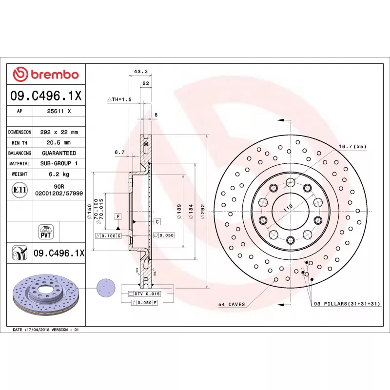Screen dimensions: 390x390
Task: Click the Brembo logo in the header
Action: point(46,75)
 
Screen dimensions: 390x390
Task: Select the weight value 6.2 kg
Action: point(59,174)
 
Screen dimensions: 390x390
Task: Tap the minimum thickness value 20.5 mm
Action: point(58,142)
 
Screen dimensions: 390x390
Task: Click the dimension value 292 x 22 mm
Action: point(59,132)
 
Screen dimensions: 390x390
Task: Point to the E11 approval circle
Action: point(19,190)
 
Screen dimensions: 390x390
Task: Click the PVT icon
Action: point(46,232)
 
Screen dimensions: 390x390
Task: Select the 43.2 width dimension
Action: point(141,71)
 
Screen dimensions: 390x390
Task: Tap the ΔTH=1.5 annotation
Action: point(119,99)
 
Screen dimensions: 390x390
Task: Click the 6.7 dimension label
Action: point(119,152)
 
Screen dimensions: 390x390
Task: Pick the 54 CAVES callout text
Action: point(232,304)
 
